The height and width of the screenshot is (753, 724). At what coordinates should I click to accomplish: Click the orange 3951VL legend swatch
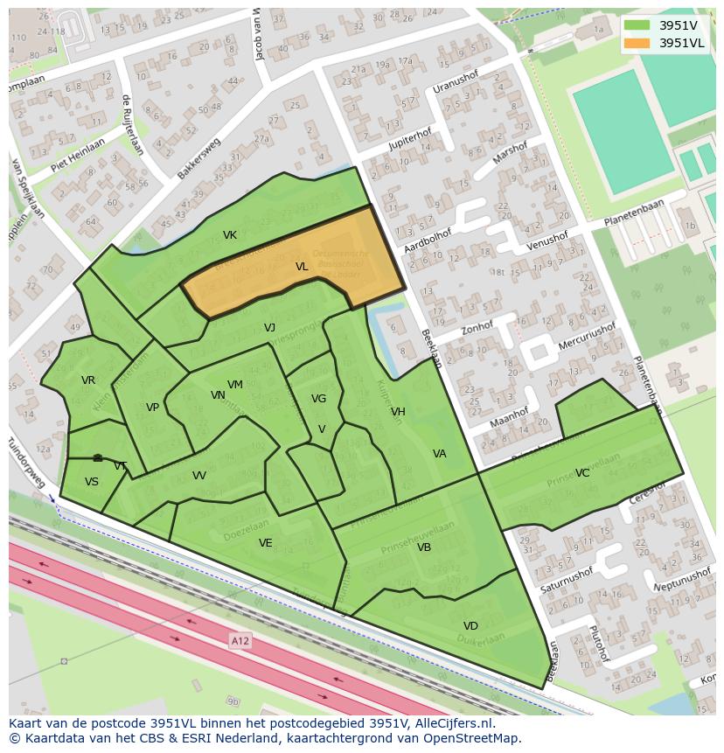click(637, 43)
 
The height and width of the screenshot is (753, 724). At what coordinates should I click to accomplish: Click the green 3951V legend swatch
click(637, 25)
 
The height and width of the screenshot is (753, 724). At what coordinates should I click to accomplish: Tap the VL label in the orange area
click(302, 267)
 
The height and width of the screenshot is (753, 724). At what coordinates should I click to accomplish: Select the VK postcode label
click(230, 235)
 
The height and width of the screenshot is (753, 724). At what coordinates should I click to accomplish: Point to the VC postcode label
click(582, 473)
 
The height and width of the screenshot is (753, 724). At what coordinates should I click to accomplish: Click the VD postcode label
click(470, 626)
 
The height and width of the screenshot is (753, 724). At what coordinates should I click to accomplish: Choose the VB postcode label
click(424, 547)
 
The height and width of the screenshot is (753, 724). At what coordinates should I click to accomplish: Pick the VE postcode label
click(266, 543)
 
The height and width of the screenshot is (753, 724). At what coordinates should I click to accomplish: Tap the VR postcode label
click(88, 380)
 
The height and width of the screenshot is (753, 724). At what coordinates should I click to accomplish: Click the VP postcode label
click(153, 408)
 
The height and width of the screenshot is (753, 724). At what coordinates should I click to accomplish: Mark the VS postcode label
click(92, 482)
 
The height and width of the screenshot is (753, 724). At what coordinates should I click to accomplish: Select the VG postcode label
click(318, 399)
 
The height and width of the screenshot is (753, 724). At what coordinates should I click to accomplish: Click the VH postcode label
click(398, 412)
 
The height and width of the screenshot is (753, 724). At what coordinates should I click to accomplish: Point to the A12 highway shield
click(240, 642)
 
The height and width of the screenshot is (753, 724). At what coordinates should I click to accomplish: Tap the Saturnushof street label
click(566, 579)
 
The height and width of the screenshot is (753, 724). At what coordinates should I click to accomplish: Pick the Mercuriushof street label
click(586, 337)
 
